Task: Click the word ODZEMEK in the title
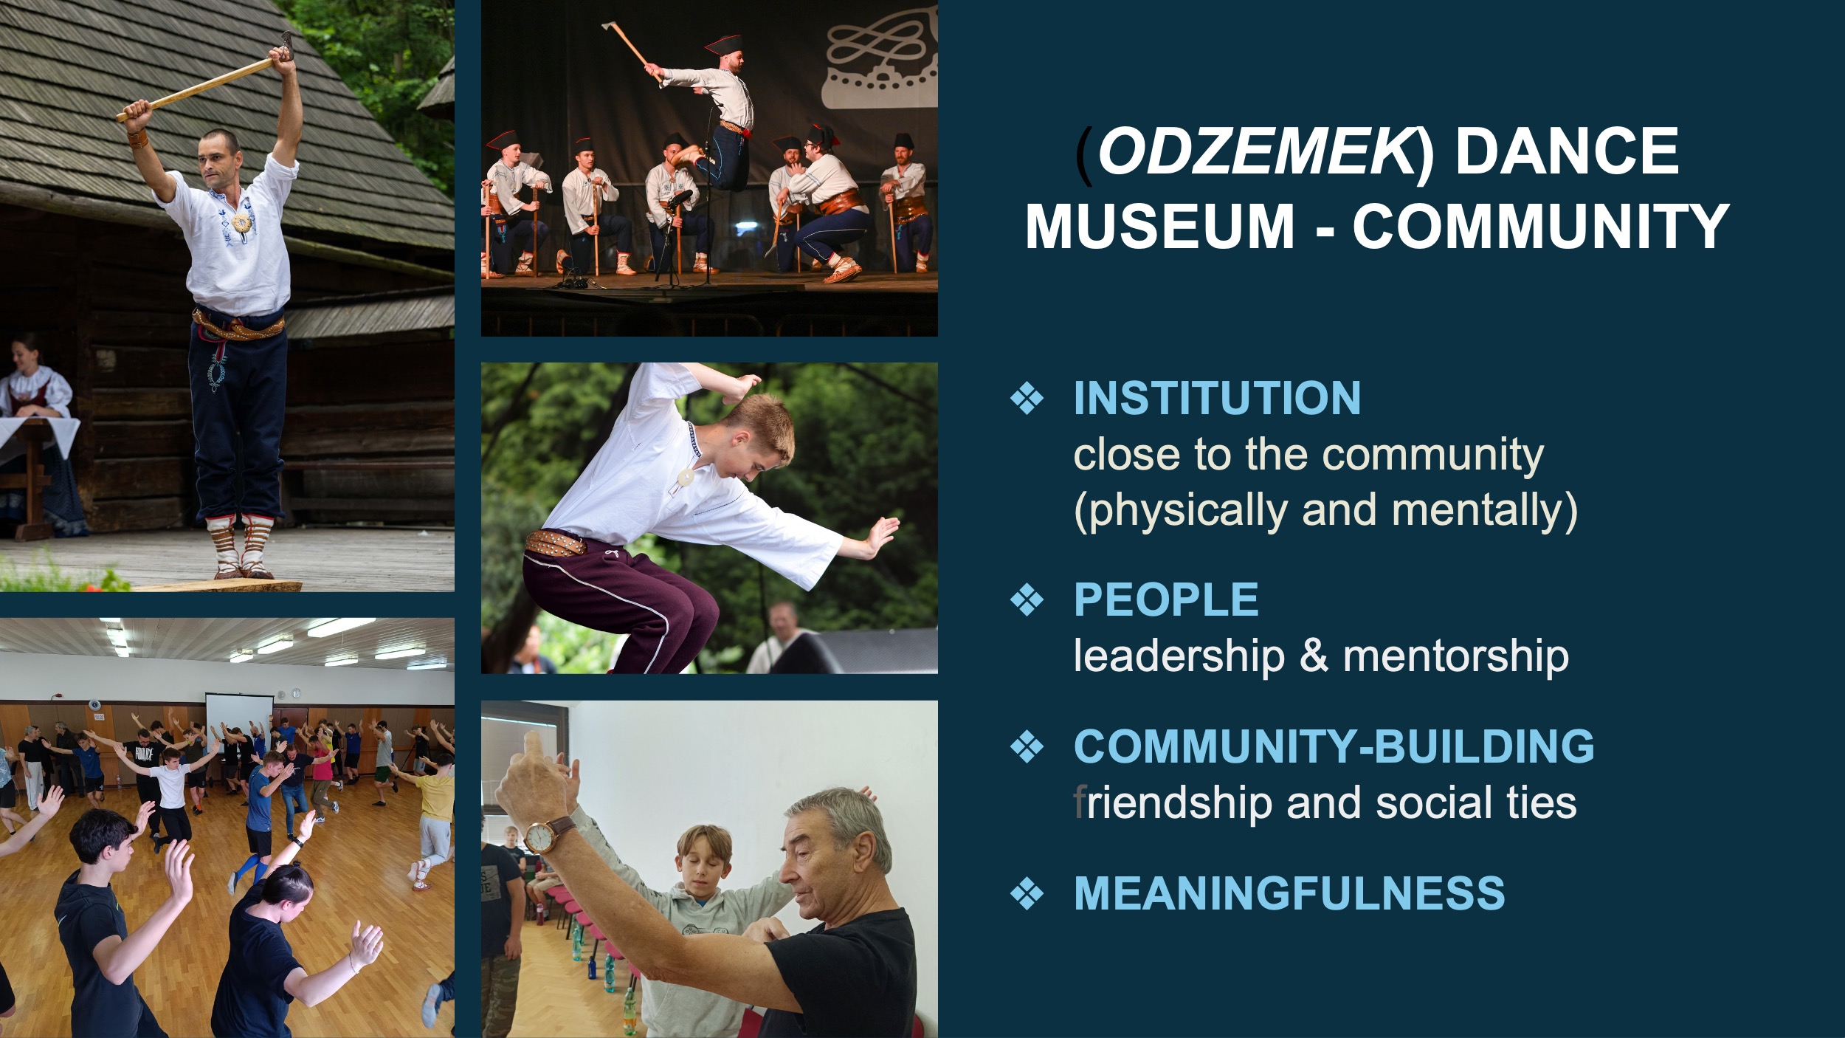point(1255,151)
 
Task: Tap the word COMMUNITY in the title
point(1541,226)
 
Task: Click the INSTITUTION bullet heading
point(1217,398)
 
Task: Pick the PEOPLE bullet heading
point(1166,599)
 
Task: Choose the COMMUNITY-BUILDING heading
point(1334,746)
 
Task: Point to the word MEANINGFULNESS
point(1289,893)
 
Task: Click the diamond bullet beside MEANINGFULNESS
point(1027,893)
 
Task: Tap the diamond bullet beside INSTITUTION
point(1027,399)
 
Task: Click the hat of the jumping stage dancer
point(723,44)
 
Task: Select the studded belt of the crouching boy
point(555,543)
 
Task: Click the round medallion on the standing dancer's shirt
point(240,222)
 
